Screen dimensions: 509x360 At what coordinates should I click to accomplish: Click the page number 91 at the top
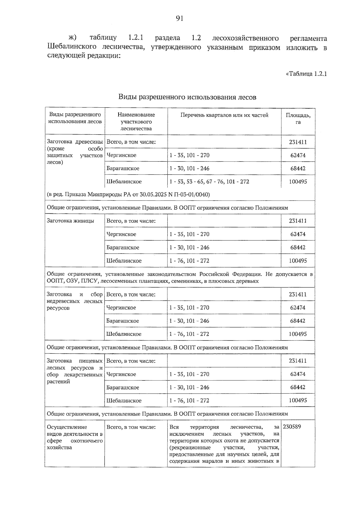pyautogui.click(x=179, y=19)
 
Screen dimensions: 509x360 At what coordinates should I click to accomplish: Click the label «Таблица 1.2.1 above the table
pyautogui.click(x=306, y=74)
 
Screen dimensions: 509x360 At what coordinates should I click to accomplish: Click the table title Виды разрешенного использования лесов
pyautogui.click(x=187, y=97)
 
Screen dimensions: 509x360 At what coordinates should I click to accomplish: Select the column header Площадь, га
pyautogui.click(x=298, y=119)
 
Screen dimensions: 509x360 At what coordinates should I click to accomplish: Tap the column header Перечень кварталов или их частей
pyautogui.click(x=224, y=115)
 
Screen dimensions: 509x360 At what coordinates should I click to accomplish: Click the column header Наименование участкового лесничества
pyautogui.click(x=136, y=122)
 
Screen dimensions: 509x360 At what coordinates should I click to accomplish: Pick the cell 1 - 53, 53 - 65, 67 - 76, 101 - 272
pyautogui.click(x=209, y=182)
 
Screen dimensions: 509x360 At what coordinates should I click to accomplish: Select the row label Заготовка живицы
pyautogui.click(x=70, y=221)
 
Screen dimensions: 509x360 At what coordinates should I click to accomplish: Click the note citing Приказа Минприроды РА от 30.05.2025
pyautogui.click(x=128, y=195)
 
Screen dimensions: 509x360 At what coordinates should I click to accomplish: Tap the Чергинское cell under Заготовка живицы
pyautogui.click(x=121, y=234)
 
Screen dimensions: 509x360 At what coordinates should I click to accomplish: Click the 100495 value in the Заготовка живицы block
pyautogui.click(x=298, y=260)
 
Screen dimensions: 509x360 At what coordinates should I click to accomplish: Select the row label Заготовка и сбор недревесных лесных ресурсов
pyautogui.click(x=75, y=301)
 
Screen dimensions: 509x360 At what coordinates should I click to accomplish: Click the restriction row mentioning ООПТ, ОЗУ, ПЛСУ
pyautogui.click(x=180, y=278)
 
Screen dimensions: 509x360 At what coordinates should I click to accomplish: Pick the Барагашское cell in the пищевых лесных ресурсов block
pyautogui.click(x=123, y=387)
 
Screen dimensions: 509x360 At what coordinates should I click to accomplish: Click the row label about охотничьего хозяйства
pyautogui.click(x=75, y=437)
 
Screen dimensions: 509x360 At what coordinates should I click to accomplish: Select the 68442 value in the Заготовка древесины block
pyautogui.click(x=298, y=168)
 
